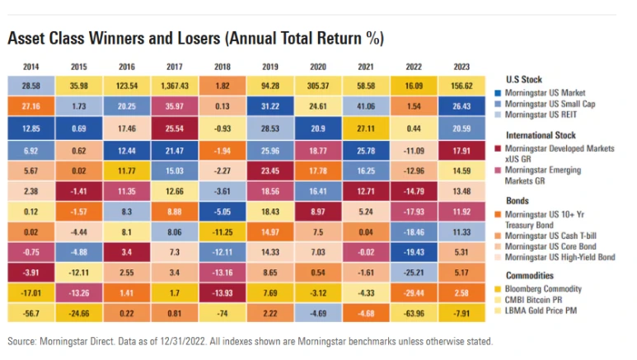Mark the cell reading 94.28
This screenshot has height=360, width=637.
point(269,85)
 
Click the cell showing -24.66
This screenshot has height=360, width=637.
point(79,312)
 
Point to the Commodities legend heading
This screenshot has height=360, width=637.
point(529,276)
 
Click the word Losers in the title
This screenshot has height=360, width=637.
point(161,39)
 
